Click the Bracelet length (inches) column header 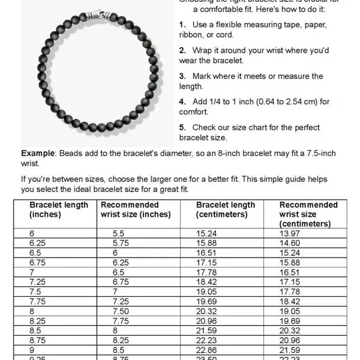click(59, 210)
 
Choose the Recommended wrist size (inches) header click(135, 210)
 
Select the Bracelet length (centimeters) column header click(225, 210)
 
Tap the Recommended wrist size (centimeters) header click(308, 214)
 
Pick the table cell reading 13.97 click(290, 232)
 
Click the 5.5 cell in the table click(119, 232)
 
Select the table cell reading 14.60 click(290, 242)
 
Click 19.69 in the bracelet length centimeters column click(207, 302)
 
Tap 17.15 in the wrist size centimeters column click(290, 282)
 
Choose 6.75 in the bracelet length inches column click(39, 262)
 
